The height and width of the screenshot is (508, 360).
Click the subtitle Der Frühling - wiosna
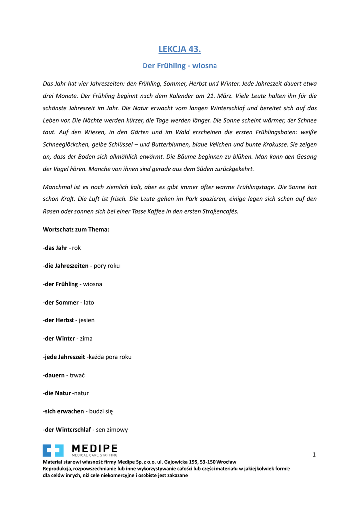(180, 65)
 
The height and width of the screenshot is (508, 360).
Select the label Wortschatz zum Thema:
(76, 229)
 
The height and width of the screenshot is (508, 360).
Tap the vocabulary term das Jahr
(56, 248)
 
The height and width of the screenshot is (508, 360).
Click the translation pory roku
(107, 266)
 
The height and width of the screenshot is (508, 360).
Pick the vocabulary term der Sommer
(62, 302)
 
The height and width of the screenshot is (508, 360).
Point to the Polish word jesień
(87, 320)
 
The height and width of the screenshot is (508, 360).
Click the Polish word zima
(86, 338)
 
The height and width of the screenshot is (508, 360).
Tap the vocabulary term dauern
(55, 375)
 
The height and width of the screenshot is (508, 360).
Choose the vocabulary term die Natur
(58, 393)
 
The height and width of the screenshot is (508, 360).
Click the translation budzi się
(101, 411)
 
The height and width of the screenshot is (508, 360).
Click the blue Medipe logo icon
(53, 450)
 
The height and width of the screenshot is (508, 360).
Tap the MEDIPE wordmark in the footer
(95, 448)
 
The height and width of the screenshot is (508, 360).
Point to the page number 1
(314, 454)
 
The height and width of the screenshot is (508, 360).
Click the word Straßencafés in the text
(218, 211)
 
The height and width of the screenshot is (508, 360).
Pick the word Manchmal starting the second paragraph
(60, 187)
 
